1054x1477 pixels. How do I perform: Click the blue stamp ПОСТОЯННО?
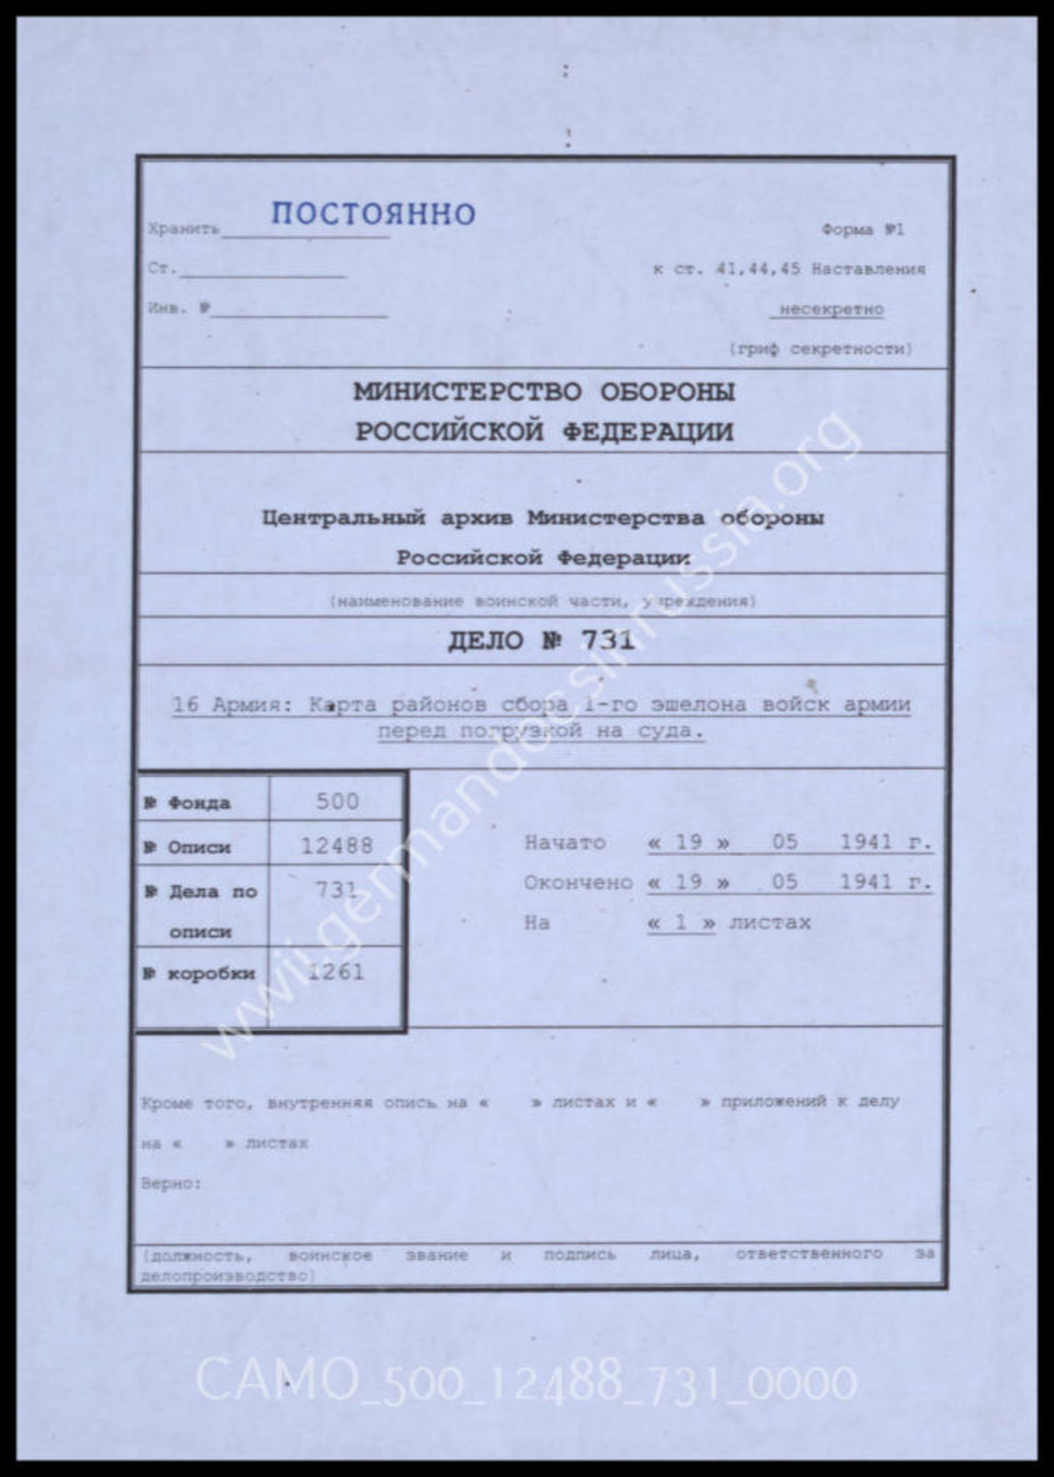(372, 214)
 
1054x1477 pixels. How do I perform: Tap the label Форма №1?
(863, 230)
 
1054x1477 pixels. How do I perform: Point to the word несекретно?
(831, 310)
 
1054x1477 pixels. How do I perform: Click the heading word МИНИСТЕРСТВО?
(467, 393)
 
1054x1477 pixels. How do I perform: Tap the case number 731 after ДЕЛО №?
(607, 640)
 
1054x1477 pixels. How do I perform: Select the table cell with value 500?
(337, 801)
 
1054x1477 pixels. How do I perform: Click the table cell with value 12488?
(337, 845)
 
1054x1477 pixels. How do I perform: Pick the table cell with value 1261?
(337, 972)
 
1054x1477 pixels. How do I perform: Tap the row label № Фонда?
(188, 803)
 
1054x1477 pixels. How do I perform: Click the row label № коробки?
(200, 974)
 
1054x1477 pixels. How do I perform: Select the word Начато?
(565, 842)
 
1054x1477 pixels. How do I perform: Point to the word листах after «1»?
(770, 922)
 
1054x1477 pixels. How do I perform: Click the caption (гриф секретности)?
(820, 349)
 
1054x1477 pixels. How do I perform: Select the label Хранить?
(183, 230)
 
